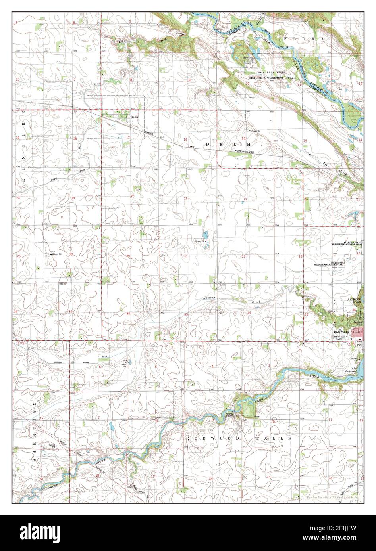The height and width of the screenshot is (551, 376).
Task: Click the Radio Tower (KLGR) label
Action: click(340, 338)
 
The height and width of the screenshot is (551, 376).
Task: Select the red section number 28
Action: click(185, 256)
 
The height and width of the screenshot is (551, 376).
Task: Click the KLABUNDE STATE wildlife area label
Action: click(346, 243)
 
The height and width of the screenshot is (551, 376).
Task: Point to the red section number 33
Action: click(186, 314)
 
